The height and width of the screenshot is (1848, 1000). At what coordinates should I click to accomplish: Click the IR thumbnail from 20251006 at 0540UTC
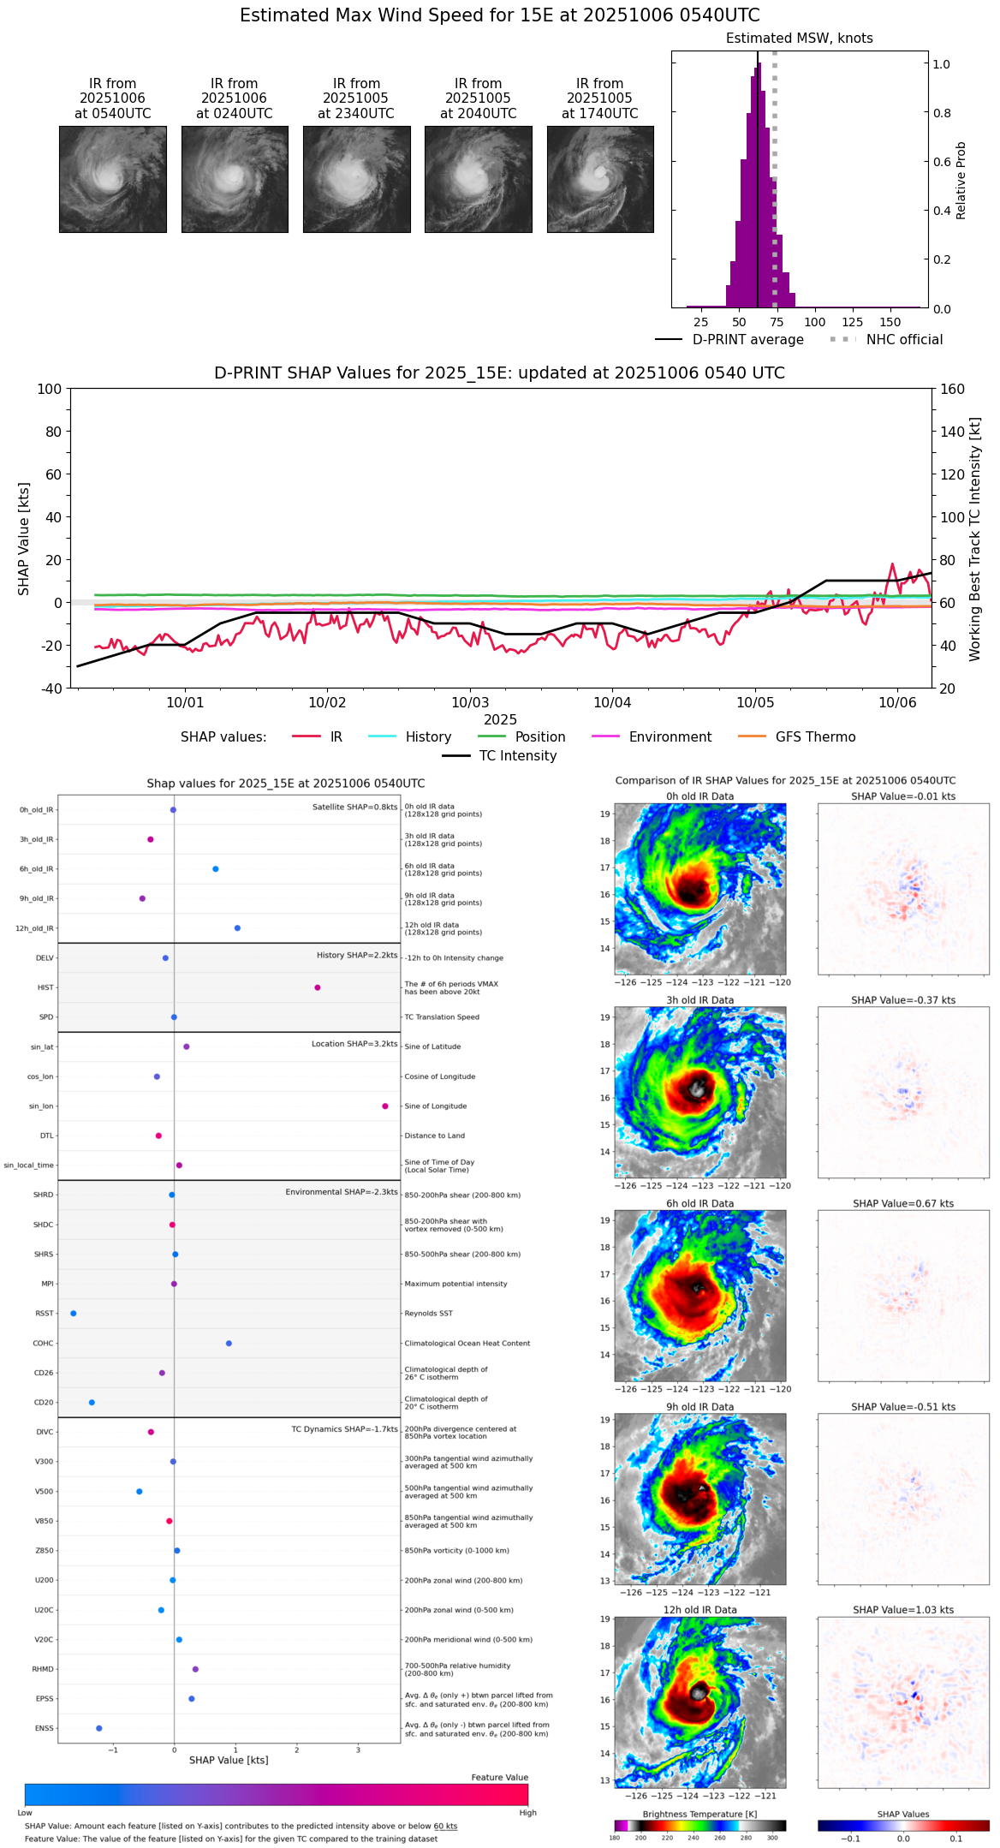(x=112, y=179)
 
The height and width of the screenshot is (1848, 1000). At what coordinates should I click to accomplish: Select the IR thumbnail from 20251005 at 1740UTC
(x=600, y=179)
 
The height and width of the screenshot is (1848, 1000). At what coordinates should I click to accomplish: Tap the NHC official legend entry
(x=903, y=340)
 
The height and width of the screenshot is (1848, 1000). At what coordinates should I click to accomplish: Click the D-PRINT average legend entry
(x=747, y=340)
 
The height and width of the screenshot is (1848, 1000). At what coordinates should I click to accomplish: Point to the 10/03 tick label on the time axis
(x=469, y=703)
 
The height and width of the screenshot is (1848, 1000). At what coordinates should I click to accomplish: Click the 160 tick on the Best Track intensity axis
(x=952, y=390)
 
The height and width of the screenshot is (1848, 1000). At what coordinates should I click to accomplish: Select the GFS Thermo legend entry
(x=815, y=737)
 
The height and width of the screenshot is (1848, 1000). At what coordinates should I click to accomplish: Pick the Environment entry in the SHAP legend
(x=670, y=737)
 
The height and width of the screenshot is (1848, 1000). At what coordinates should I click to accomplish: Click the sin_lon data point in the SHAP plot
(x=385, y=1106)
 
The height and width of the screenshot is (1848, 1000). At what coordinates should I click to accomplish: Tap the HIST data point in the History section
(x=318, y=987)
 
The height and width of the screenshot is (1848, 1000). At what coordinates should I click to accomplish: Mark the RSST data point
(x=74, y=1313)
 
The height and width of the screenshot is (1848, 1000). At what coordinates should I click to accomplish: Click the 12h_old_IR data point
(x=237, y=928)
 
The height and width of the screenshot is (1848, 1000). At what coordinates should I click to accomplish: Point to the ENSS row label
(x=44, y=1728)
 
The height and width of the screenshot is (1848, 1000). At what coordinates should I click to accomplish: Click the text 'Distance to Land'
(x=434, y=1136)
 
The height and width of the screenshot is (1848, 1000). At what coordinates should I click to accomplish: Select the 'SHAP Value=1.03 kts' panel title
(x=903, y=1610)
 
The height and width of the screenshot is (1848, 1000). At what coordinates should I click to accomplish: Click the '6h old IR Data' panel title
(x=699, y=1203)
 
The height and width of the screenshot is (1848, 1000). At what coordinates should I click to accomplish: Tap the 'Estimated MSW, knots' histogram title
(x=800, y=39)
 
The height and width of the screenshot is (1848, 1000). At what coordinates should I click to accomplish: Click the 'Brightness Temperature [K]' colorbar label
(x=699, y=1814)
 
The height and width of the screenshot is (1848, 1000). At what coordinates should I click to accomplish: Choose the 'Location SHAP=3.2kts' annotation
(x=354, y=1044)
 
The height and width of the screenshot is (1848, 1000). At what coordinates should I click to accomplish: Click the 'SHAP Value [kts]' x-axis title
(x=229, y=1760)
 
